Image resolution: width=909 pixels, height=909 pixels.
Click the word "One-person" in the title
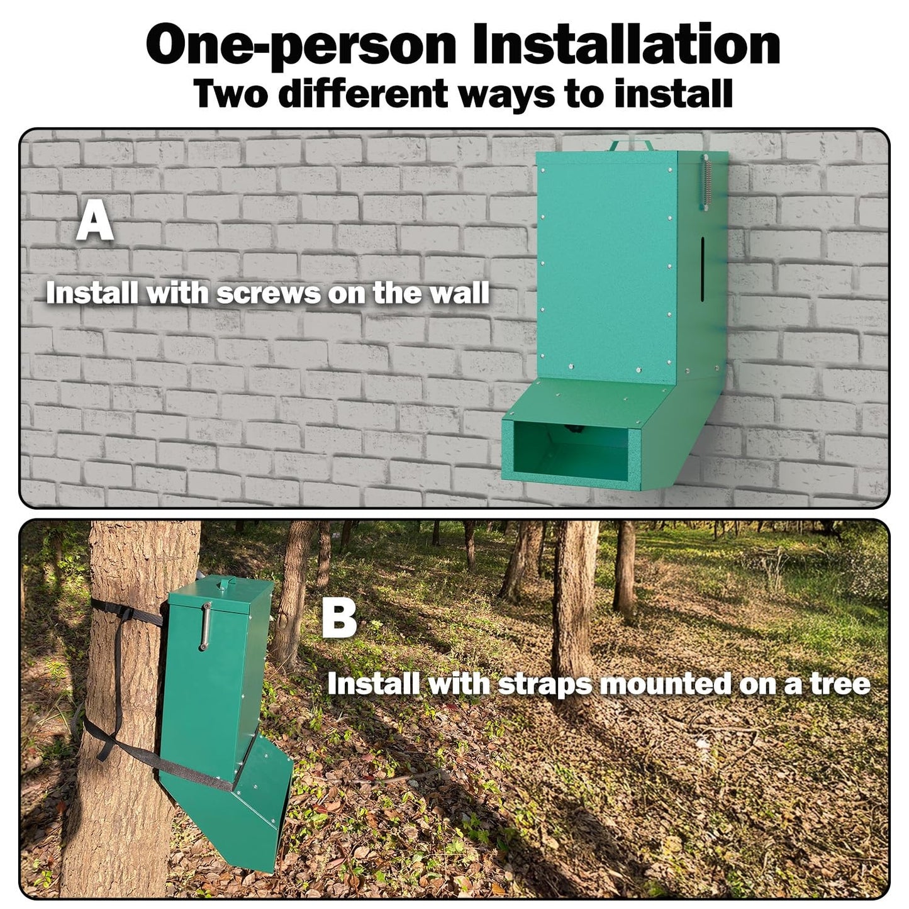(301, 45)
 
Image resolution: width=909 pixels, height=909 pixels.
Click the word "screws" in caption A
(269, 293)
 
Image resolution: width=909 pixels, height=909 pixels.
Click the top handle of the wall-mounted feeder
(632, 144)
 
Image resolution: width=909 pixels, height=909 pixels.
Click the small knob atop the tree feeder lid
(221, 584)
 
